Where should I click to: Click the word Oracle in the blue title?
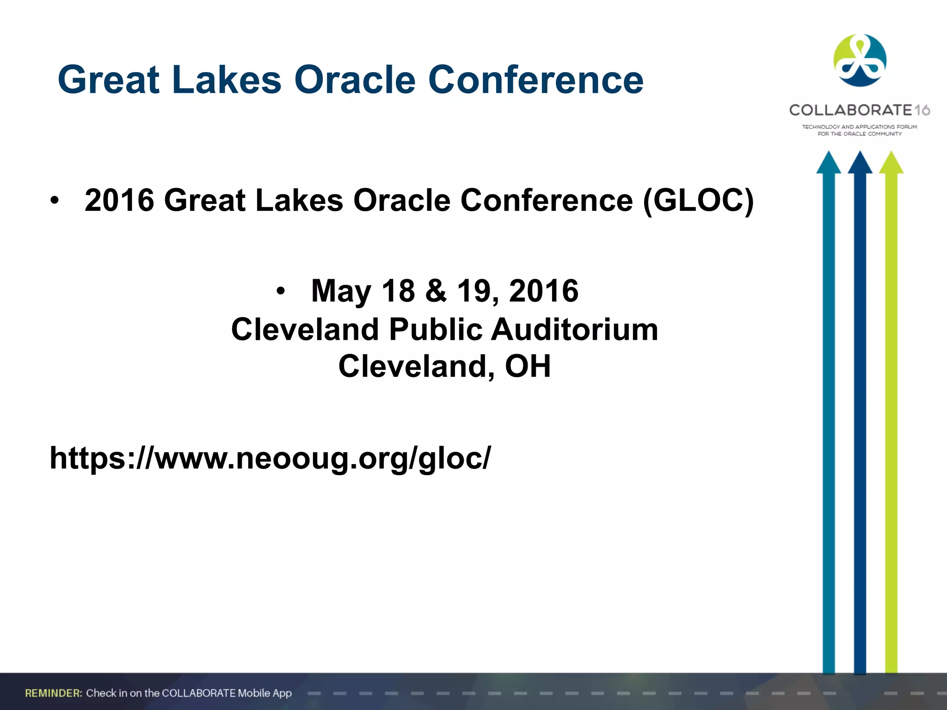click(355, 80)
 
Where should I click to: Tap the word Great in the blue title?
click(109, 80)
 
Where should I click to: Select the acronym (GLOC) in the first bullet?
click(698, 201)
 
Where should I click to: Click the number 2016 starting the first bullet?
click(119, 201)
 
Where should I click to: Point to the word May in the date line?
click(341, 291)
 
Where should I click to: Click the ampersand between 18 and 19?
click(436, 291)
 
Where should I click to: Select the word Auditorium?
click(574, 330)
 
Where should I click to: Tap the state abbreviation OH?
click(528, 366)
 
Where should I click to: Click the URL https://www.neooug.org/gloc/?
click(270, 458)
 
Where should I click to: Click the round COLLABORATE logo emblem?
click(860, 60)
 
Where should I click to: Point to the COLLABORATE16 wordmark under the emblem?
click(859, 110)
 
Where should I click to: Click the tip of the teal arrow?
click(828, 155)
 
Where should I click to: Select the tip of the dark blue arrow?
click(860, 155)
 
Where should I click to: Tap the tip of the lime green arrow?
click(891, 155)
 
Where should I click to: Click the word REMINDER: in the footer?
click(54, 693)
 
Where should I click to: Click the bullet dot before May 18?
click(280, 292)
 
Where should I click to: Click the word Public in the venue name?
click(436, 330)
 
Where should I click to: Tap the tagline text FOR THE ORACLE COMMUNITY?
click(859, 134)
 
